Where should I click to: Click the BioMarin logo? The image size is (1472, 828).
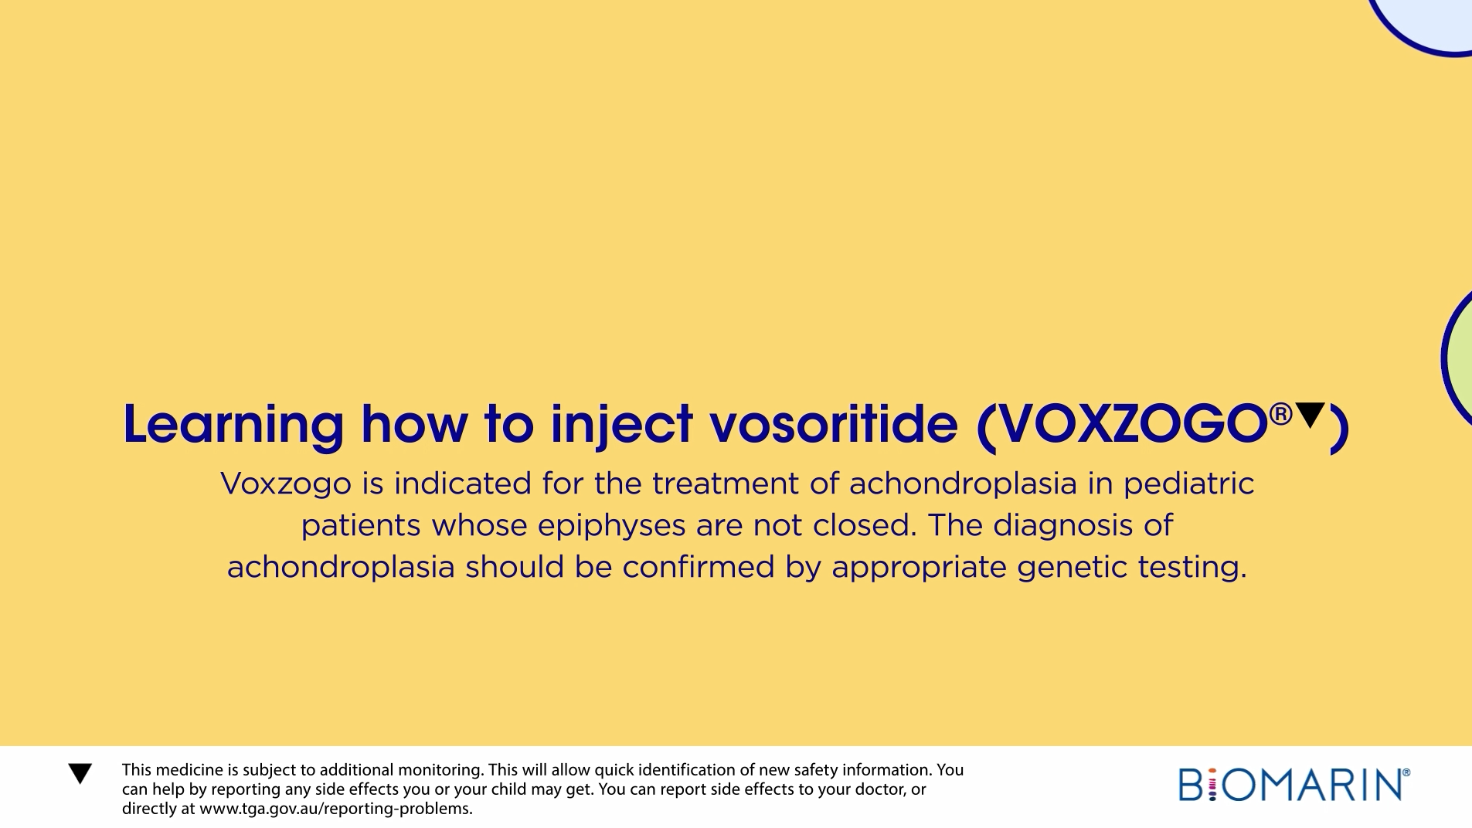tap(1294, 784)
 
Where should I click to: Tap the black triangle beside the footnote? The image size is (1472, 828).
tap(80, 773)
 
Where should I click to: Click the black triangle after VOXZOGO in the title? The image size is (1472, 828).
tap(1310, 414)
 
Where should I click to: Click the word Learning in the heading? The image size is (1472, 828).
tap(233, 426)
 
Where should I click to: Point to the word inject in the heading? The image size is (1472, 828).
tap(622, 426)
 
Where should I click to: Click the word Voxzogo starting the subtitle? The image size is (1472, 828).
tap(286, 484)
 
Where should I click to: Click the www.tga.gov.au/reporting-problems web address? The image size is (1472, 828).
tap(336, 809)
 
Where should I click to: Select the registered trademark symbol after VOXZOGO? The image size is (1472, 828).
tap(1280, 414)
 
